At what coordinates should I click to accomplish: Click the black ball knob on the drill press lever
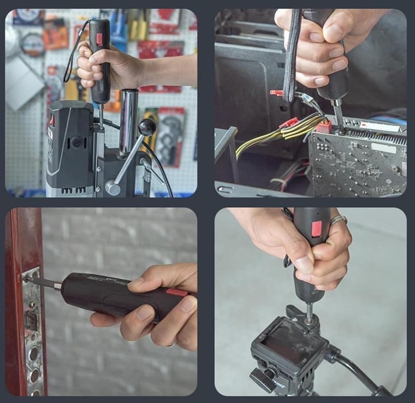[x=147, y=127]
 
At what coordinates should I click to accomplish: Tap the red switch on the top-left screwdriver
[x=99, y=39]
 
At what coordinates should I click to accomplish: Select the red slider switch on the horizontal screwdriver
[x=177, y=292]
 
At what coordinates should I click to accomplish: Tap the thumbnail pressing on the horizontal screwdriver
[x=135, y=282]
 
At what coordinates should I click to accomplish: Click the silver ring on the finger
[x=339, y=220]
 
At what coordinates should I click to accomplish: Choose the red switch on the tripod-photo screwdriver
[x=317, y=229]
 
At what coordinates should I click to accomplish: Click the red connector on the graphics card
[x=323, y=126]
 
